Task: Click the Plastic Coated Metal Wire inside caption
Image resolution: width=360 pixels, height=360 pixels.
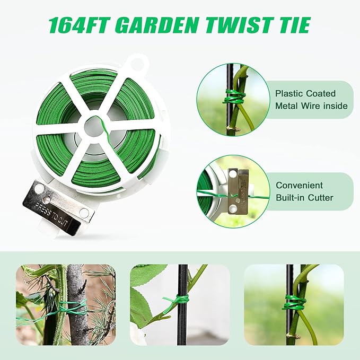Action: coord(311,100)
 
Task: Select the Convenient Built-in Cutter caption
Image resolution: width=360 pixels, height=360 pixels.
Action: coord(304,192)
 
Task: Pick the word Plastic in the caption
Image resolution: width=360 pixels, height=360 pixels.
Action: coord(289,93)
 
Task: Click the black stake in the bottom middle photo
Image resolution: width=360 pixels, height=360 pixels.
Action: coord(182,323)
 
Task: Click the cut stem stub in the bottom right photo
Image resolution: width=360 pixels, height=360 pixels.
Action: coord(291,336)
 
